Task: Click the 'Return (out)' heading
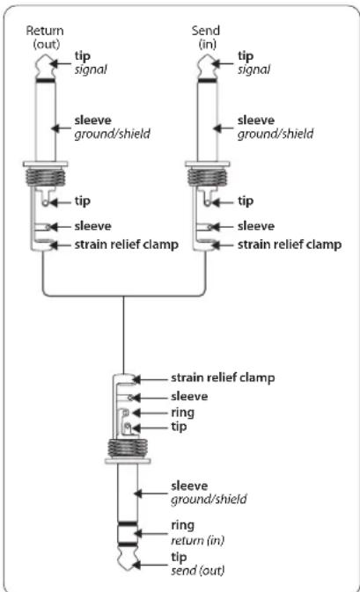(x=45, y=37)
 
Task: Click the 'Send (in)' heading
(x=206, y=37)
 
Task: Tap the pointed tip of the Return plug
(x=46, y=55)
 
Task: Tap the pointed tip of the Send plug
(x=207, y=55)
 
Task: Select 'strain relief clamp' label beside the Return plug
(x=126, y=245)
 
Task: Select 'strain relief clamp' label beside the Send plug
(x=290, y=245)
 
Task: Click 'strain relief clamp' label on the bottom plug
(x=223, y=377)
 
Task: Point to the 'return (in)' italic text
(x=197, y=540)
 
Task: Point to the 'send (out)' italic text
(x=197, y=570)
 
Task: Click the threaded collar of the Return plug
(x=46, y=177)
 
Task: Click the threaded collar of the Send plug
(x=207, y=177)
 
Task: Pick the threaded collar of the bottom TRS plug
(x=128, y=448)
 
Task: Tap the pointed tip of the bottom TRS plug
(x=128, y=569)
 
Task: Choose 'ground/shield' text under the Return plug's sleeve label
(x=112, y=134)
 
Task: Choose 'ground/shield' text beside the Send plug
(x=276, y=134)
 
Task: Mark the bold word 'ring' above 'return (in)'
(x=183, y=525)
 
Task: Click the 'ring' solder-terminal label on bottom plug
(x=183, y=413)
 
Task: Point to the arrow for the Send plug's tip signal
(x=223, y=63)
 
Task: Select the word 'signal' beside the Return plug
(x=91, y=69)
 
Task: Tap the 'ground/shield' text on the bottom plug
(x=209, y=499)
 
